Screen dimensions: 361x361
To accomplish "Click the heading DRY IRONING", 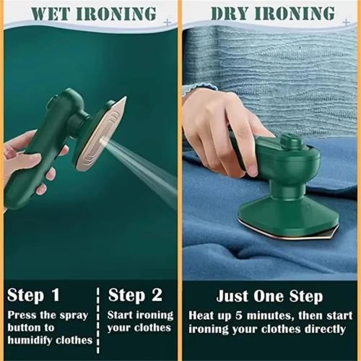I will pyautogui.click(x=272, y=13).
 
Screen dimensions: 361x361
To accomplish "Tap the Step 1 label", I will pyautogui.click(x=35, y=295).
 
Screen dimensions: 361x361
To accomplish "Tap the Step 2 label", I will pyautogui.click(x=136, y=295).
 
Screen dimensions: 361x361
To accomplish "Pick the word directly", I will pyautogui.click(x=323, y=329).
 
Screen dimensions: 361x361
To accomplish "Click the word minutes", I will pyautogui.click(x=276, y=316).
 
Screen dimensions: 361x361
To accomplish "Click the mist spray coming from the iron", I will pyautogui.click(x=144, y=162).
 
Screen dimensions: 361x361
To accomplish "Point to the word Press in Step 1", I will pyautogui.click(x=22, y=315).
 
